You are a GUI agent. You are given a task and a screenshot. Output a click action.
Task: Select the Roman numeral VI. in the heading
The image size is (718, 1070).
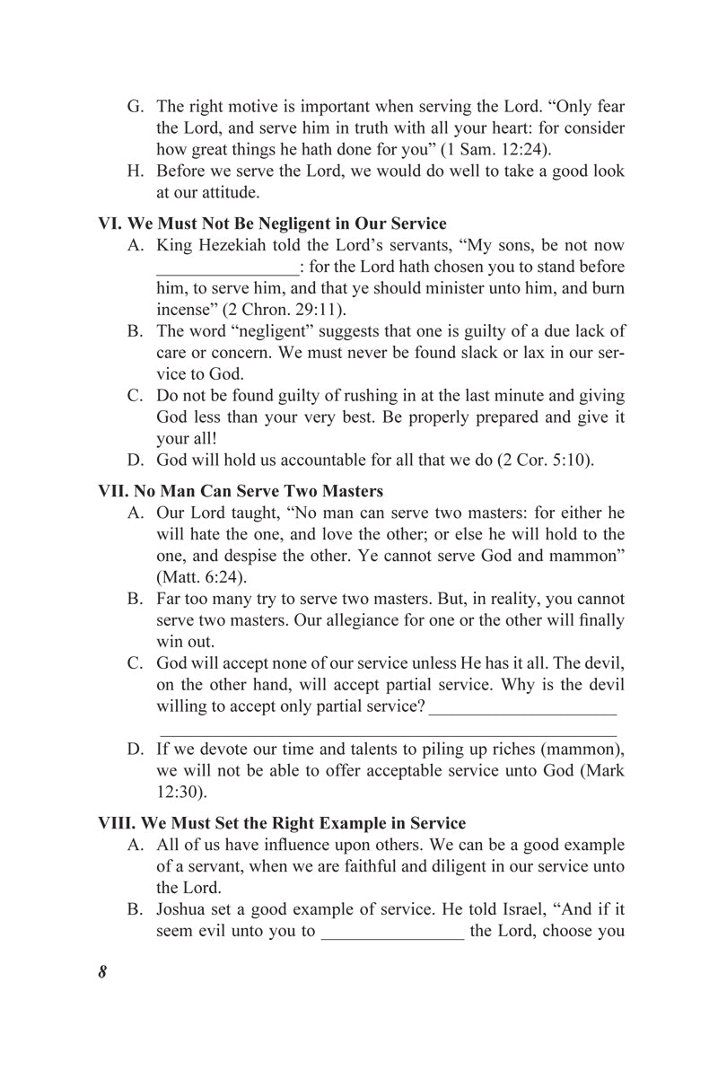111,224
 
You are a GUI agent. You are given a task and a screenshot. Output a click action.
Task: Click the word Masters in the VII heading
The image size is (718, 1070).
353,491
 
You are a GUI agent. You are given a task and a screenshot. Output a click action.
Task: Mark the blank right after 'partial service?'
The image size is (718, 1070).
523,709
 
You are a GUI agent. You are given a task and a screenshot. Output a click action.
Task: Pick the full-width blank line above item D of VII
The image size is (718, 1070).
387,734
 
